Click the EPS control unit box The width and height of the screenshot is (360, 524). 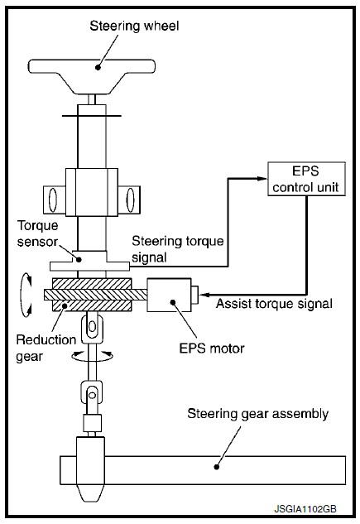(306, 179)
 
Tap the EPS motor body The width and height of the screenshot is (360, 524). (169, 295)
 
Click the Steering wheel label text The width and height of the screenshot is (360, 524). (134, 26)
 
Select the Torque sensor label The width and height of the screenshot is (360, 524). (37, 233)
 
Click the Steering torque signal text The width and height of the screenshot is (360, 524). (178, 249)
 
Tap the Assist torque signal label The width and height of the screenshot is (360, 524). (274, 304)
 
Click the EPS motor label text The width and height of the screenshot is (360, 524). (212, 349)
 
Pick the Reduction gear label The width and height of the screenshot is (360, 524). (46, 348)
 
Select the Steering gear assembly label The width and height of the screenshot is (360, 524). (258, 414)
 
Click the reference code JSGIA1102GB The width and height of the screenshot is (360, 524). (305, 509)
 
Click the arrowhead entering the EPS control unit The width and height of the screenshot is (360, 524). (263, 179)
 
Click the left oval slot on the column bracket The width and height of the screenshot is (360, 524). (53, 200)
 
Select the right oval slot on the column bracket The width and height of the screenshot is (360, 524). (130, 200)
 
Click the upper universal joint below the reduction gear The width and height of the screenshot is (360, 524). (92, 328)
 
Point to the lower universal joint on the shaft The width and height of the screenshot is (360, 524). (92, 396)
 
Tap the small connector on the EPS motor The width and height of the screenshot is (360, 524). (194, 295)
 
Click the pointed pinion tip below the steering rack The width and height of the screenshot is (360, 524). (92, 493)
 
